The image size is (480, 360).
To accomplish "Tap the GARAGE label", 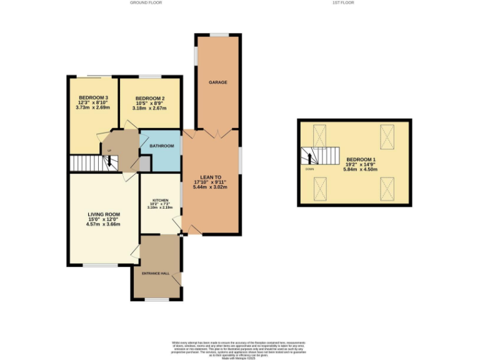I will coord(217,82).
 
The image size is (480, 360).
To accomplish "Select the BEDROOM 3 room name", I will coord(93,98).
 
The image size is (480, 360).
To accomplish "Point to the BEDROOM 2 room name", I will coord(150,98).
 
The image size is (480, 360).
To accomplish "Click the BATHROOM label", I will coord(161,146).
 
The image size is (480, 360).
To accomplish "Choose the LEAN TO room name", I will coord(210,177).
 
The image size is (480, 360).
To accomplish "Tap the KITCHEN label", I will coord(160,201).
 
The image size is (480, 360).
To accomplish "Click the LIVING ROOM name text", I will coord(102,214).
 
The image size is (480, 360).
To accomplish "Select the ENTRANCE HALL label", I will coord(156,274).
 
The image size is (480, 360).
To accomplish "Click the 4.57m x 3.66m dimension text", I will coord(102,224).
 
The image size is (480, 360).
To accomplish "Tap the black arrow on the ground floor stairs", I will coord(109,162).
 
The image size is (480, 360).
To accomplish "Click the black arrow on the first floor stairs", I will coord(308,156).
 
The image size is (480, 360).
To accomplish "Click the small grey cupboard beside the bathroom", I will coord(145,163).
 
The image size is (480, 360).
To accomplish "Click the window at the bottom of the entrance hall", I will coord(157,299).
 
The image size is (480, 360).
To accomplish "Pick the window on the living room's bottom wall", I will coord(100,265).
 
